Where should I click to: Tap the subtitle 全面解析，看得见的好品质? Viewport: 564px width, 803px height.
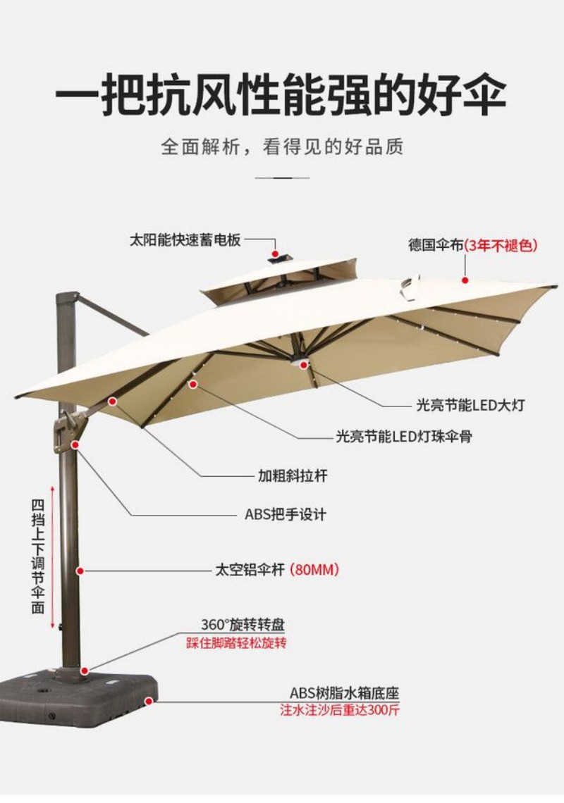(x=281, y=147)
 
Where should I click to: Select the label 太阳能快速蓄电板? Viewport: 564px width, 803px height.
(x=185, y=239)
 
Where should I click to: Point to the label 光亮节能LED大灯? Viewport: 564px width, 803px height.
(x=470, y=406)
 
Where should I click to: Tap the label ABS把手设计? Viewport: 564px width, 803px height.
(x=286, y=514)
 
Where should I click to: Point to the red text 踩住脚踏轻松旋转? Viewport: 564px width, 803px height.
(x=237, y=643)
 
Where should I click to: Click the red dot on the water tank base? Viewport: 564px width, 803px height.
(x=148, y=702)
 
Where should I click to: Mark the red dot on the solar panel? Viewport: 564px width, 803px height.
(x=275, y=253)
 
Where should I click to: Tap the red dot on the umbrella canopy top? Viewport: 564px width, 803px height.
(x=465, y=280)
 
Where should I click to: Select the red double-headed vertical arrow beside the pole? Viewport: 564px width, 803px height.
(x=51, y=556)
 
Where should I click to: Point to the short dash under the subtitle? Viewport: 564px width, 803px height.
(x=282, y=178)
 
